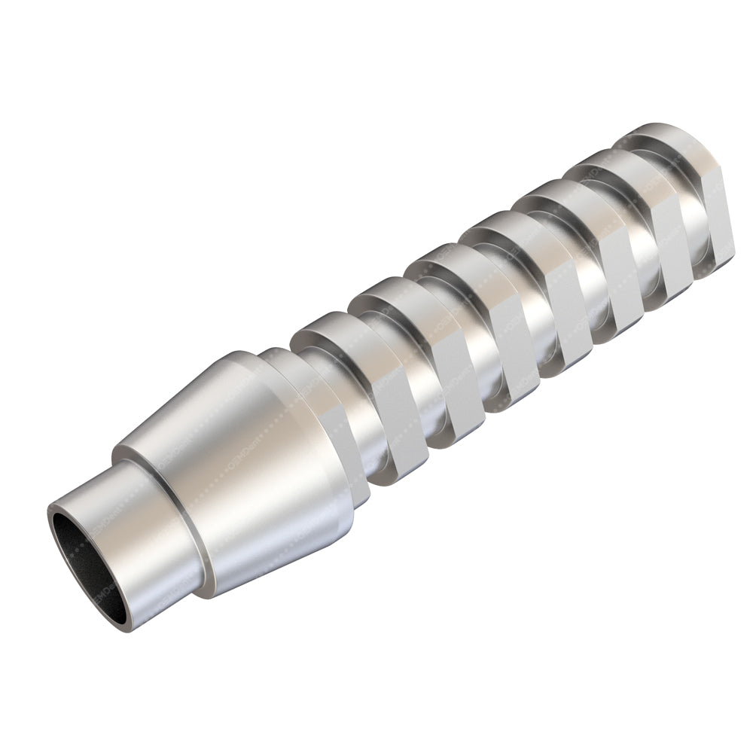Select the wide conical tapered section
point(248,467)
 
